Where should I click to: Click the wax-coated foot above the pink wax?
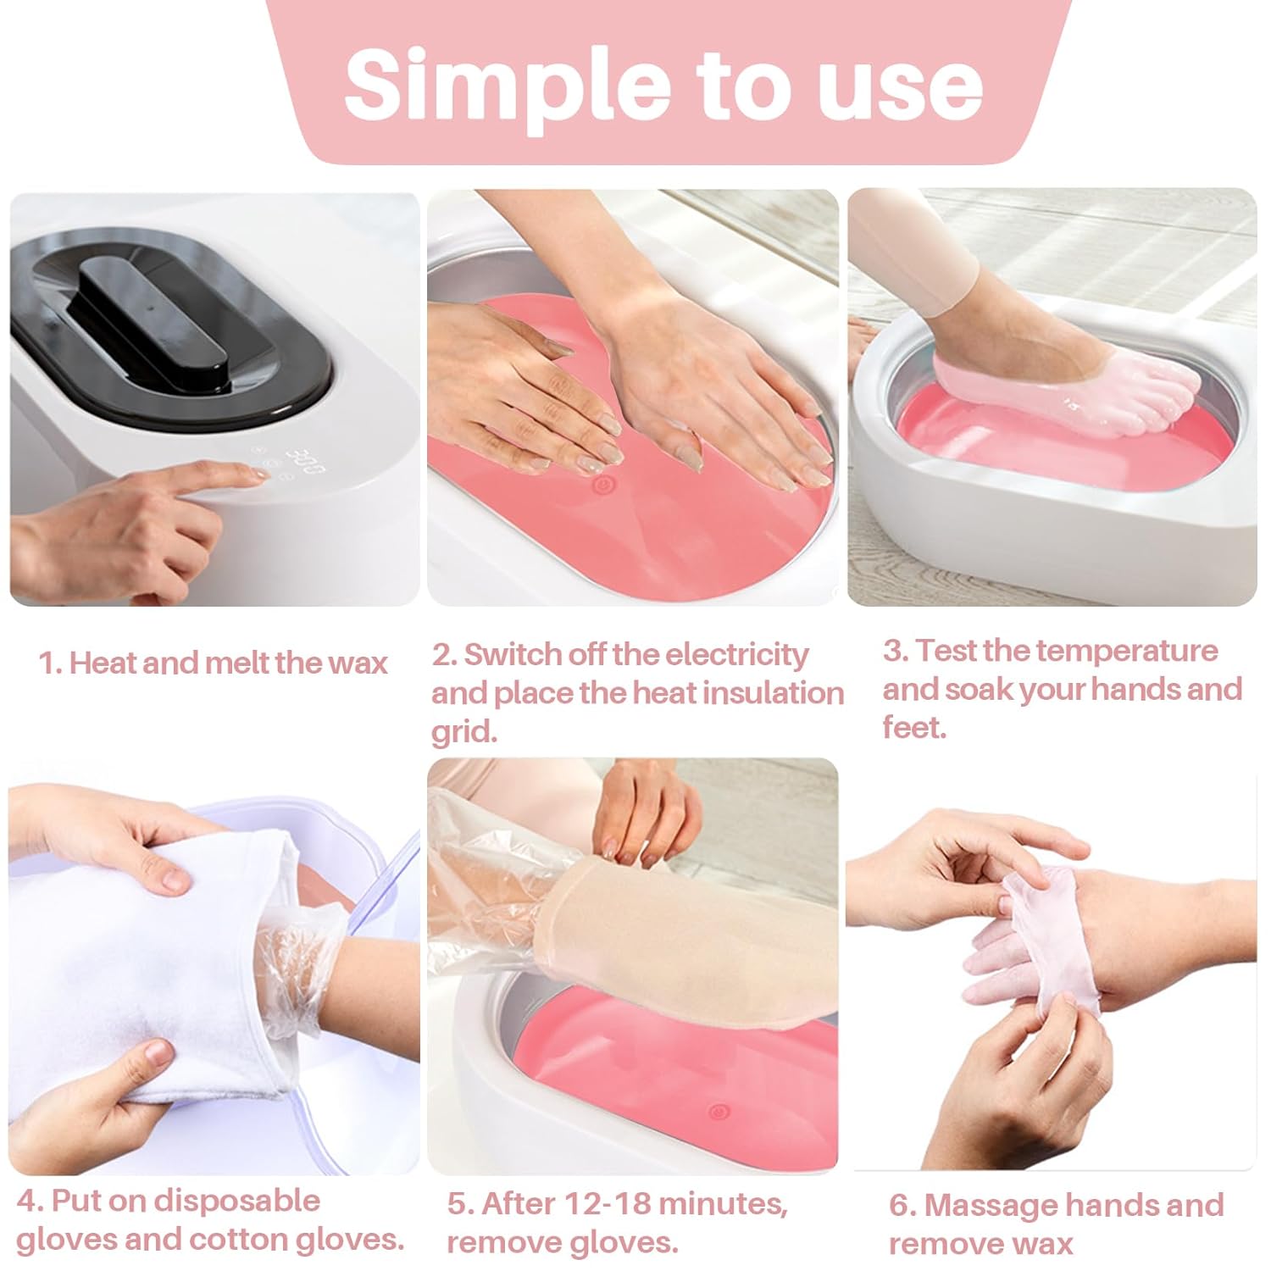(1068, 395)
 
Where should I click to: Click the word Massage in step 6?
(991, 1205)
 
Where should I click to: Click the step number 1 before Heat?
(48, 663)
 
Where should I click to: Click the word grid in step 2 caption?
(463, 731)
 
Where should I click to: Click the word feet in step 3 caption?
(913, 728)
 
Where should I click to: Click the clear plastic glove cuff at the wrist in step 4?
(292, 974)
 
